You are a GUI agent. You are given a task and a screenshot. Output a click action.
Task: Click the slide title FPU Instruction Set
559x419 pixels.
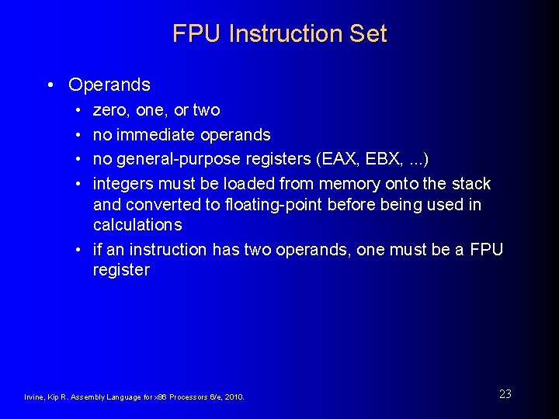point(279,34)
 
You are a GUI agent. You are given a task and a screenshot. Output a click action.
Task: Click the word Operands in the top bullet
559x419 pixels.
point(109,85)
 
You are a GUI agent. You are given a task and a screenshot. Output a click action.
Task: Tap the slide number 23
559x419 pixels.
point(505,394)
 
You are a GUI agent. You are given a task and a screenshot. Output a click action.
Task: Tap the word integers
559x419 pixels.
point(123,184)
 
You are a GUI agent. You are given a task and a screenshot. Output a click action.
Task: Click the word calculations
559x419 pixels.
point(137,225)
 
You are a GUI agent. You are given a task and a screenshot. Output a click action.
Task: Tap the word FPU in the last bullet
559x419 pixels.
point(487,250)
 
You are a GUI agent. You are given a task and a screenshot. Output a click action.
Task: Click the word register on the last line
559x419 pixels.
point(121,270)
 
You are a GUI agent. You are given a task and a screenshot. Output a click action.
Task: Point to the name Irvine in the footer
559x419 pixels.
point(34,397)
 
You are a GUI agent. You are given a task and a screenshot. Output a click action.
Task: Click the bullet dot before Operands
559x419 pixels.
point(50,85)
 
